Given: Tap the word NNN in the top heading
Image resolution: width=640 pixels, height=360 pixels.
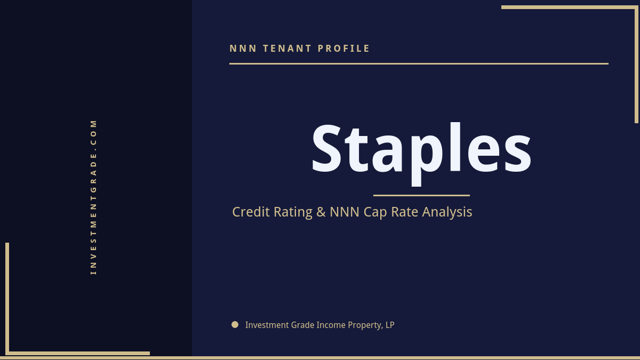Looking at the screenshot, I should tap(243, 49).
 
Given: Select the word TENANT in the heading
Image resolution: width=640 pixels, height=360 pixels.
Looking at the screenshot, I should tap(287, 49).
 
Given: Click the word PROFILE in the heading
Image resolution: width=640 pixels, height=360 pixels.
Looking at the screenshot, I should tap(344, 49).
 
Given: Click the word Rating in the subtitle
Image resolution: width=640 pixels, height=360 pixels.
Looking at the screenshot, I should tap(293, 212).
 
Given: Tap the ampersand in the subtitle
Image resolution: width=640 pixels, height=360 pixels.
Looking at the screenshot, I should tap(321, 212).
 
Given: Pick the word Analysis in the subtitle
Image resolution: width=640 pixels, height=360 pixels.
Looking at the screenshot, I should tap(447, 212).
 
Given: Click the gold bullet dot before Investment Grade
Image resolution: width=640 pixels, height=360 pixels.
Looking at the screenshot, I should tap(235, 324).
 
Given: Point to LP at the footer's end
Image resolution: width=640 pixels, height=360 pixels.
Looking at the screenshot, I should tap(390, 325).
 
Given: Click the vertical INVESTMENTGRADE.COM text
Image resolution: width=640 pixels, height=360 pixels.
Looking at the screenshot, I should tap(93, 197).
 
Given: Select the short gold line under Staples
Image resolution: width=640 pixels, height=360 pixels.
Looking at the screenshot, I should tap(421, 195).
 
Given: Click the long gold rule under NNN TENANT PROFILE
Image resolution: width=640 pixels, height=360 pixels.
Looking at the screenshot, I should tap(419, 63).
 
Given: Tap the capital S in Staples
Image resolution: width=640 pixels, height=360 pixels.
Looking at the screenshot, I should tap(326, 148).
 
